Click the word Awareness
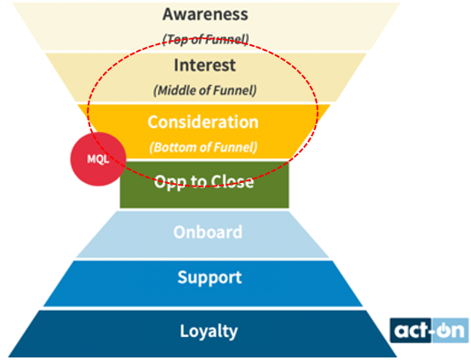(x=205, y=14)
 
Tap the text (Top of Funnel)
(x=205, y=39)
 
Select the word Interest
(x=205, y=66)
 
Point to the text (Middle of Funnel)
(x=205, y=90)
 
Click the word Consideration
(x=203, y=122)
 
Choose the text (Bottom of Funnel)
(x=204, y=147)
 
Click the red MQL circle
(x=98, y=159)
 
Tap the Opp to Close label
(x=204, y=182)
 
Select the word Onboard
(x=208, y=232)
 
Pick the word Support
(x=210, y=277)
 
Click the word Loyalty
(x=209, y=331)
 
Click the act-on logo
(x=429, y=330)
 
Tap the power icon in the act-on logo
(x=441, y=331)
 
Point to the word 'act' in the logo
(x=411, y=330)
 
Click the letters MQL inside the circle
(x=98, y=159)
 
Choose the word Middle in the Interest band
(x=177, y=90)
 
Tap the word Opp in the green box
(x=165, y=182)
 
